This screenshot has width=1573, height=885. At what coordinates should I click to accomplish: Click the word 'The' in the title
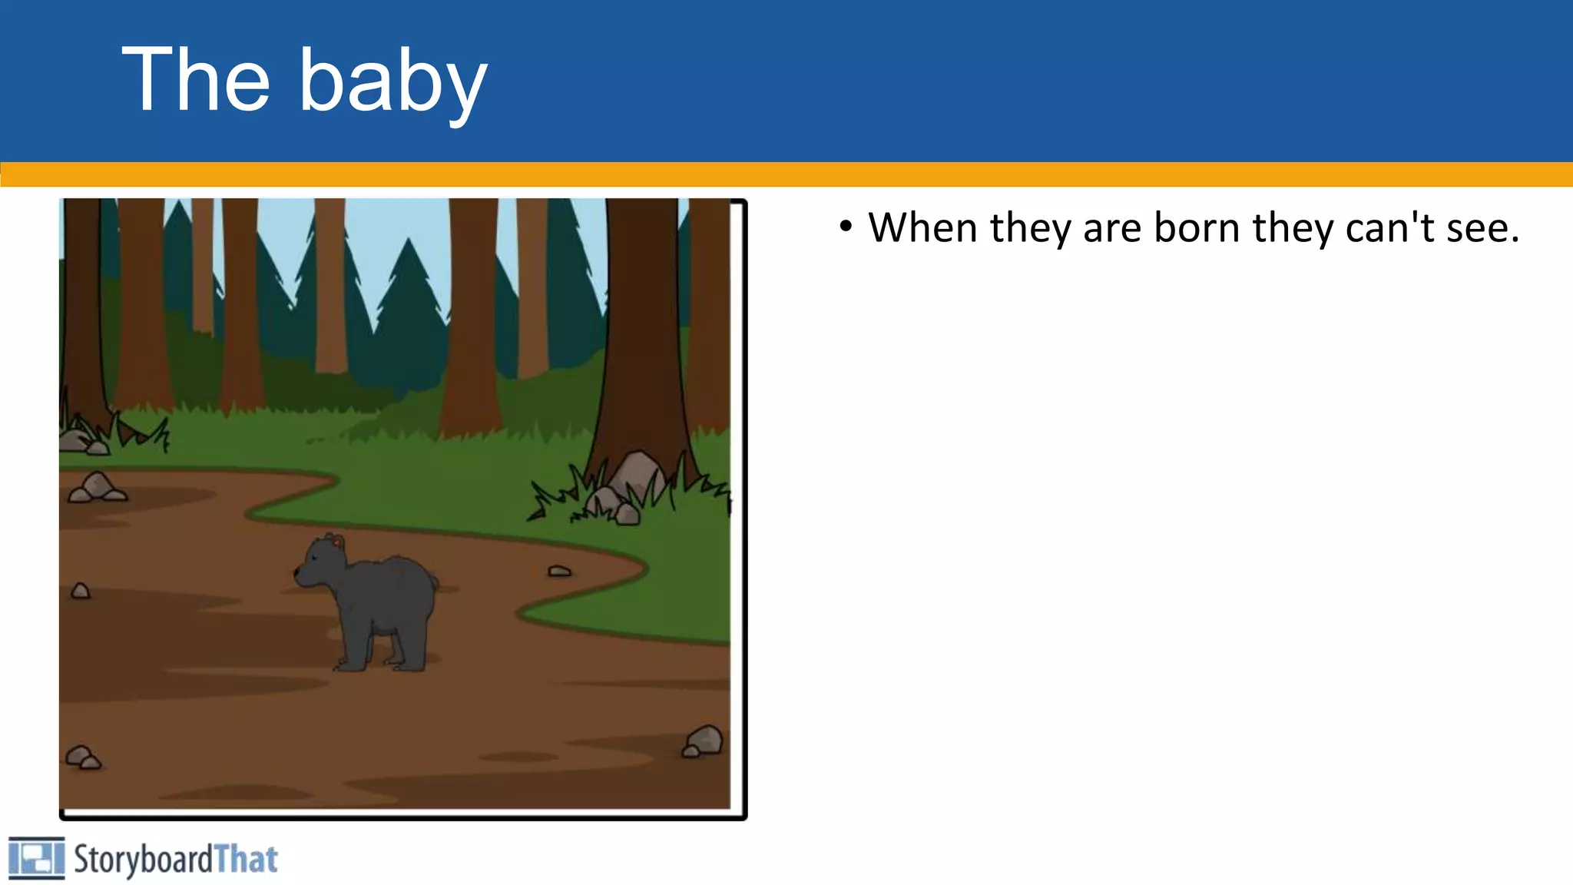click(197, 79)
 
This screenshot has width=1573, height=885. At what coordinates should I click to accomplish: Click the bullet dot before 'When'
click(846, 227)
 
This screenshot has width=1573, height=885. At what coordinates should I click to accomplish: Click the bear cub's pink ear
click(336, 542)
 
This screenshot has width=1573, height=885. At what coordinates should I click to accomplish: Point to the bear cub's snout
click(300, 572)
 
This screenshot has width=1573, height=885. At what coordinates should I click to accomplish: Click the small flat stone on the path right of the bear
click(559, 571)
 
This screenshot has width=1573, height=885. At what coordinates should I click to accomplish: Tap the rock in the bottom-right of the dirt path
click(704, 741)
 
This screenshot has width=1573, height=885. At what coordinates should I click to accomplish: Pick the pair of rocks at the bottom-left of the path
click(82, 757)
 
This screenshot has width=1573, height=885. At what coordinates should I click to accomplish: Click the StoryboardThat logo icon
click(36, 857)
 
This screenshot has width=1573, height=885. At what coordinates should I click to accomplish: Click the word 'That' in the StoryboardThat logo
click(246, 859)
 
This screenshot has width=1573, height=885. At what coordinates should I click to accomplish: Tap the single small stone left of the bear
click(80, 591)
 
